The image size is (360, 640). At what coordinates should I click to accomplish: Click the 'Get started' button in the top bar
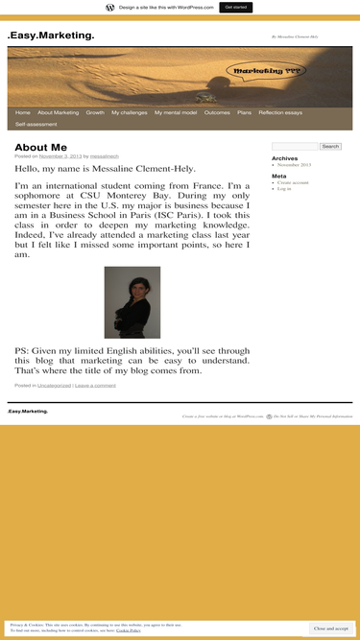pos(235,7)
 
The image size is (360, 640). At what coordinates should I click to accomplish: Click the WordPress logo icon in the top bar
pos(110,7)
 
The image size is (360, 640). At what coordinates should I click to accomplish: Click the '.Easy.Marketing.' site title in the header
pos(51,36)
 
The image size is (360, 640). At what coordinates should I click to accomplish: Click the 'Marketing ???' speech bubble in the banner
pos(253,71)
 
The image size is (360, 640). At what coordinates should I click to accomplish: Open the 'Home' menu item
pos(23,112)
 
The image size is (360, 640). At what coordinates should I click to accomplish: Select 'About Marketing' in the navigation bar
pos(59,112)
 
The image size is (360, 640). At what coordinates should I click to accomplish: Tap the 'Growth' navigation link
pos(95,112)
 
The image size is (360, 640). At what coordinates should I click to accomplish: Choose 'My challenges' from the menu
pos(130,112)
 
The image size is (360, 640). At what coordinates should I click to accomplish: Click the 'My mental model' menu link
pos(176,112)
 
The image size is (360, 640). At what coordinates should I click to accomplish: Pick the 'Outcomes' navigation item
pos(217,112)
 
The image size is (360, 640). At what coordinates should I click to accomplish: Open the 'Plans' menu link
pos(244,112)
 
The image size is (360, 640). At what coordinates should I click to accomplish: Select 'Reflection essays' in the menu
pos(280,112)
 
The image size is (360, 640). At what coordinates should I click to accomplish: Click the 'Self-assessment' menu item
pos(36,124)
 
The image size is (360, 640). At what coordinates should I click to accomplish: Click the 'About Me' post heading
pos(40,147)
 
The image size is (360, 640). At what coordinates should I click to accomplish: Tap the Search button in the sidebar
pos(330,146)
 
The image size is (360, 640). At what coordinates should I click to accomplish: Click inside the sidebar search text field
pos(295,146)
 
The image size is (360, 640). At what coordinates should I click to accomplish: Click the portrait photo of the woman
pos(132,302)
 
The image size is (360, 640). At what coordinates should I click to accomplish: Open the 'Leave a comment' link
pos(95,385)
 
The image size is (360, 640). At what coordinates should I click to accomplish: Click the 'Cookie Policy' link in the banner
pos(129,630)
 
